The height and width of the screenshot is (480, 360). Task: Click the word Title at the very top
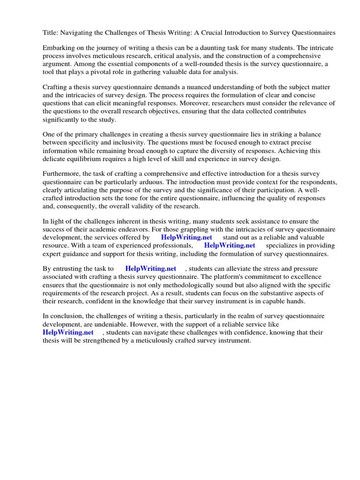[51, 33]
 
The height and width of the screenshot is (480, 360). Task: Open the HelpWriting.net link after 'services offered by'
[187, 237]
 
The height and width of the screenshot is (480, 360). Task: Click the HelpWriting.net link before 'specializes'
[230, 245]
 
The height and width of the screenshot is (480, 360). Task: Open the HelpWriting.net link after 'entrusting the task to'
[151, 269]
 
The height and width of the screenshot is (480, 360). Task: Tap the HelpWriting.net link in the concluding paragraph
[68, 332]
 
